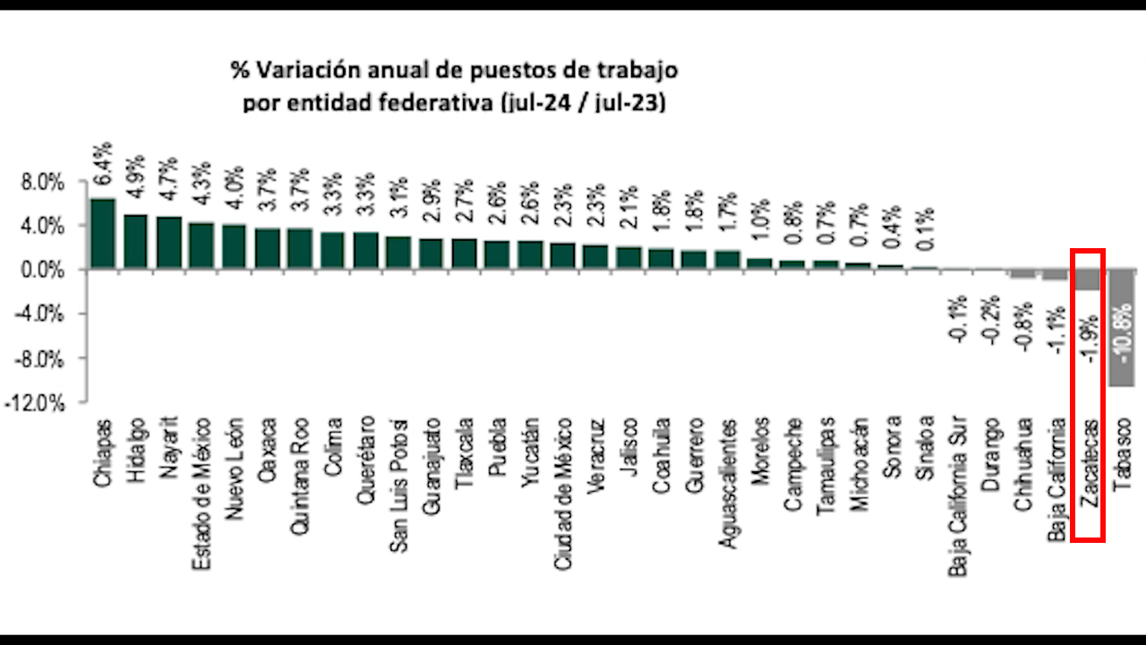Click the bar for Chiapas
point(103,234)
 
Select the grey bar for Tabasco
point(1122,328)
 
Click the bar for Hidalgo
point(136,242)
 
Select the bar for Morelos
point(759,263)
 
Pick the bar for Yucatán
point(530,254)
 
